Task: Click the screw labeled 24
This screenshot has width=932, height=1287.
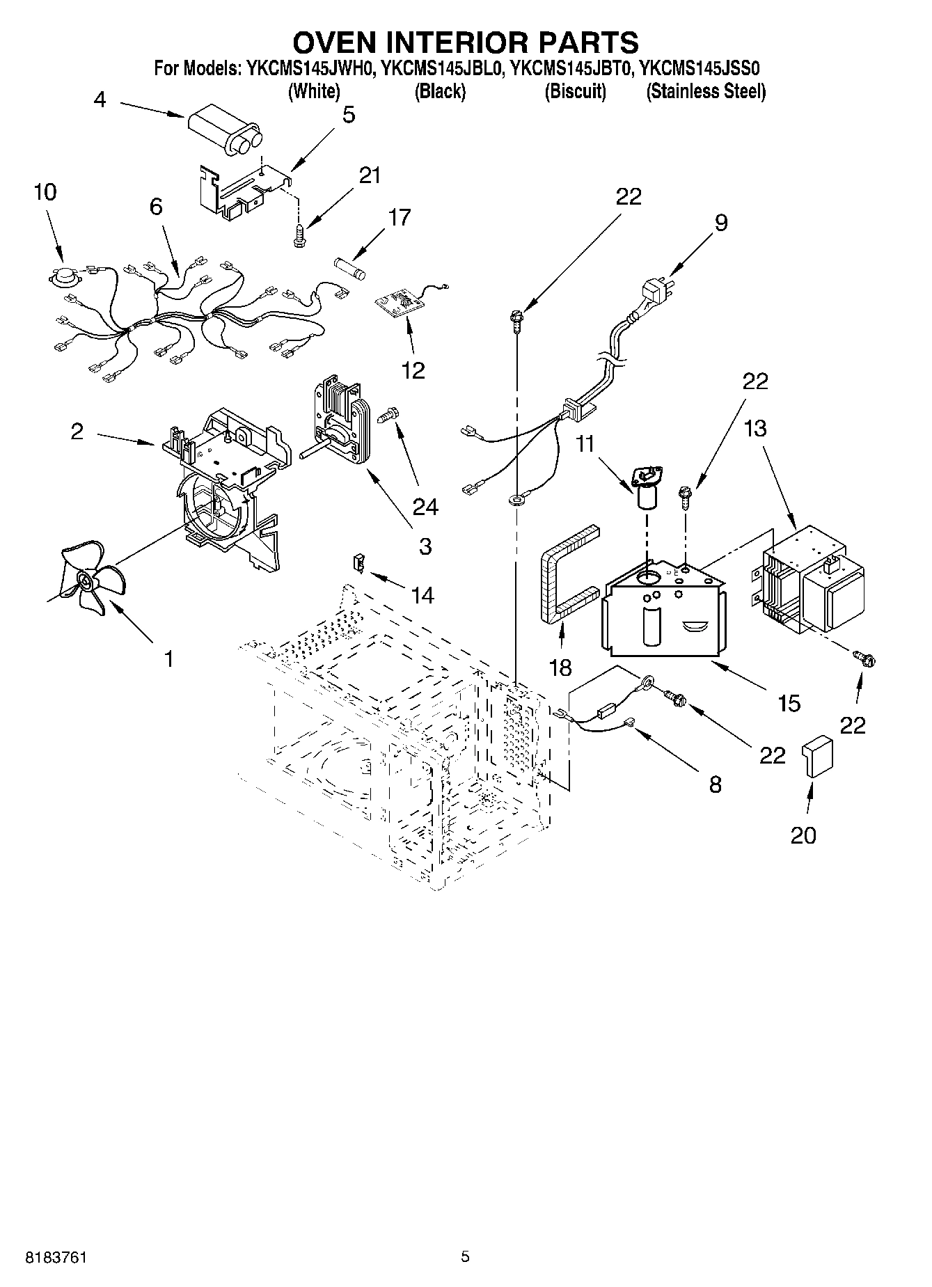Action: pyautogui.click(x=387, y=416)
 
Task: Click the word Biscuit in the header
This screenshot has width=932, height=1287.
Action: pyautogui.click(x=575, y=91)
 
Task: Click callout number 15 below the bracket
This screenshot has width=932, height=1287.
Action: pyautogui.click(x=789, y=703)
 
